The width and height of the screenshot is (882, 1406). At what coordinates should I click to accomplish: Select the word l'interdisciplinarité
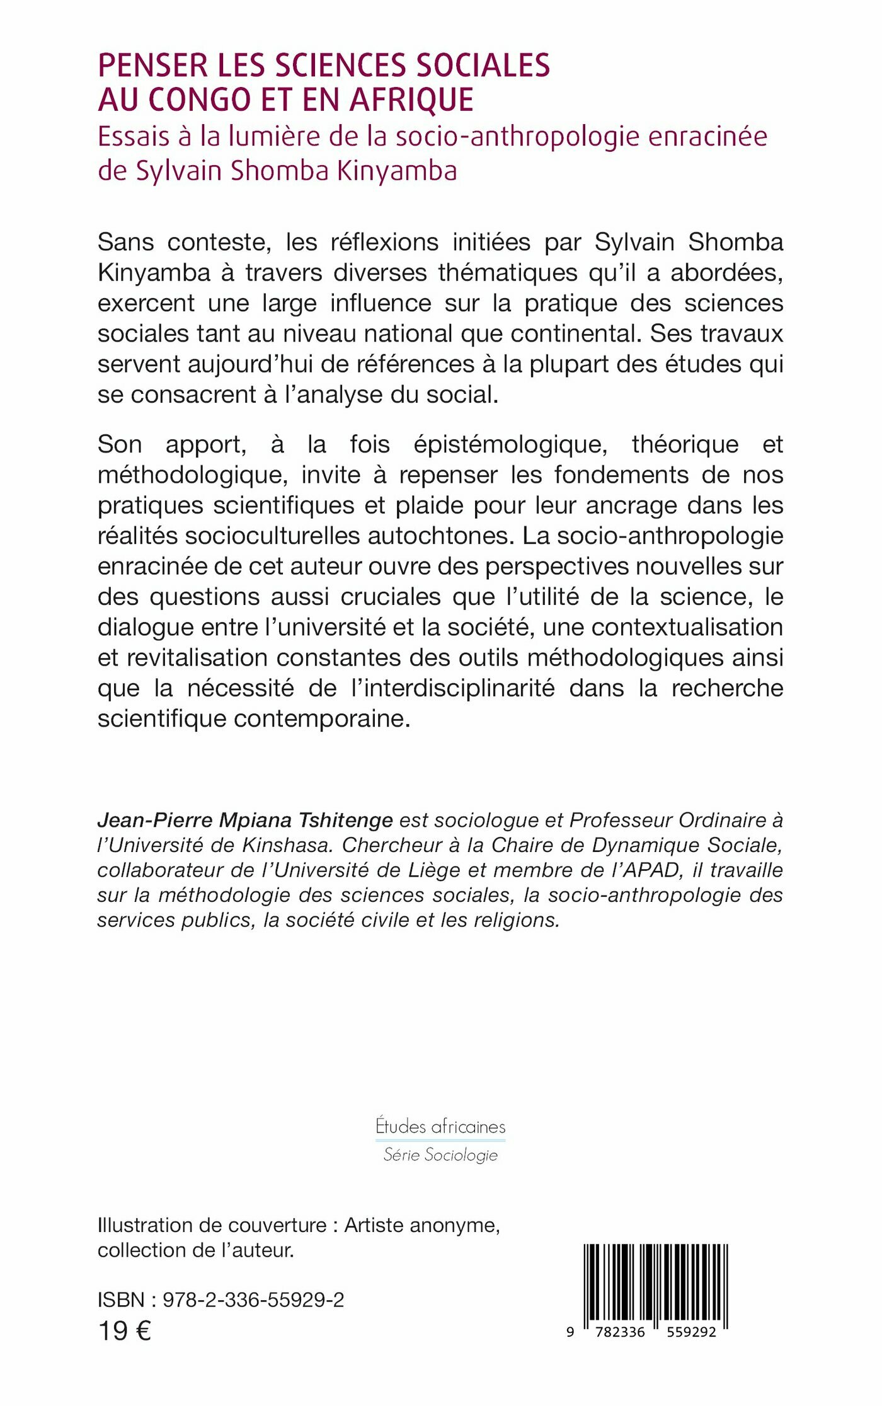(453, 688)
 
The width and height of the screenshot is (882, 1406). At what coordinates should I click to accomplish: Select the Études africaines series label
(440, 1126)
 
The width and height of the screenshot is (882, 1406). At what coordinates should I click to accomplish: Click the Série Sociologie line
(440, 1155)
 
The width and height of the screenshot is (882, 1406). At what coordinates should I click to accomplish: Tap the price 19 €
(125, 1332)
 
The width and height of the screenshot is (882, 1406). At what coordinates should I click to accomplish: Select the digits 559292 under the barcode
(691, 1332)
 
